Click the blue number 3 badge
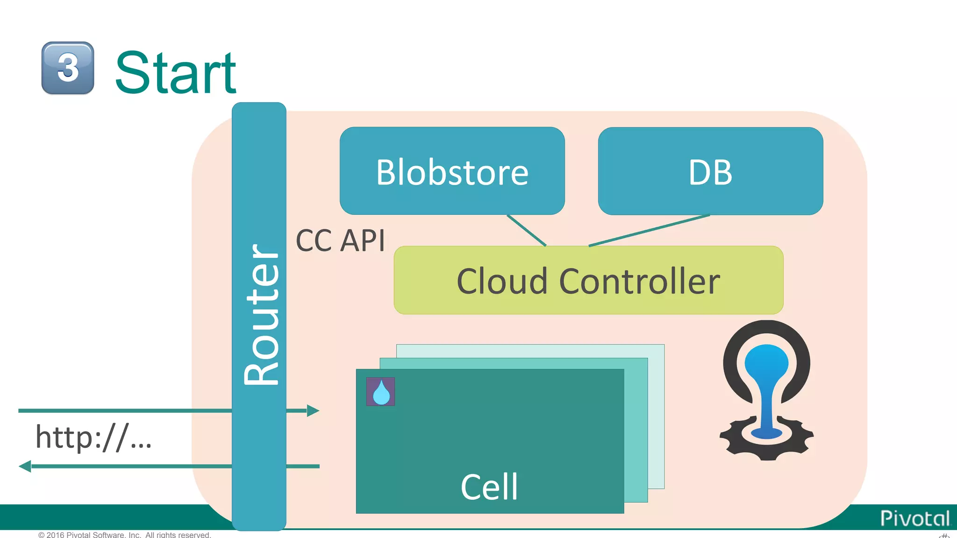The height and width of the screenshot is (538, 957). (x=68, y=68)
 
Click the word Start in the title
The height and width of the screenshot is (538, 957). (x=176, y=73)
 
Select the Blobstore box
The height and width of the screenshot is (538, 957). (x=452, y=171)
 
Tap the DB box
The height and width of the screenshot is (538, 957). (x=710, y=171)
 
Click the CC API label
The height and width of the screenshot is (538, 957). (x=340, y=241)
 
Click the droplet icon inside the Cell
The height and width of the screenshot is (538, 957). (x=380, y=392)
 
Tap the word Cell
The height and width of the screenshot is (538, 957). (x=489, y=487)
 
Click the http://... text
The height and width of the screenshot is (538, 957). (x=93, y=437)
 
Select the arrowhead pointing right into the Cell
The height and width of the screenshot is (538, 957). (x=313, y=411)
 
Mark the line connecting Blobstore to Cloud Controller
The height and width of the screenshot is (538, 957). (x=527, y=230)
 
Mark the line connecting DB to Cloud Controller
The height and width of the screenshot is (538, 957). (x=650, y=230)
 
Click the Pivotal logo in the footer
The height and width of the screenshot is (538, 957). (x=914, y=518)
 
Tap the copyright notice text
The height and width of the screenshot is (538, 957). (x=125, y=535)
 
